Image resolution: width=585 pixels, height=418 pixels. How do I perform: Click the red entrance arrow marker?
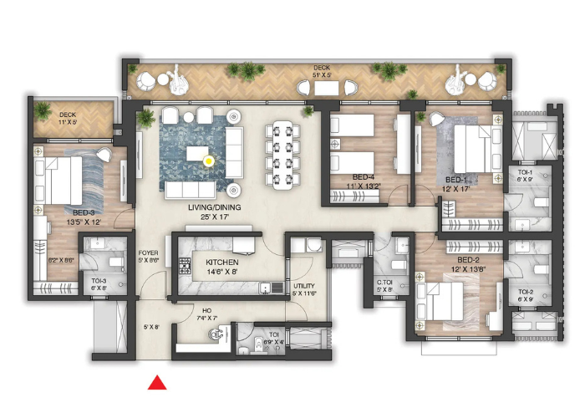pos(155,383)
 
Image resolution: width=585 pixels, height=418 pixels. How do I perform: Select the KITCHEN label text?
pos(221,262)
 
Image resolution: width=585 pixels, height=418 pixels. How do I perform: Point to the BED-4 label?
pos(362,176)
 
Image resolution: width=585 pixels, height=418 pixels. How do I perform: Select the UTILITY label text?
pos(303,286)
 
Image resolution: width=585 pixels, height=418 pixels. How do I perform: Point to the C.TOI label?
pos(384,283)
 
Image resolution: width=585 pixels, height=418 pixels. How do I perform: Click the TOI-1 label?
pos(524,172)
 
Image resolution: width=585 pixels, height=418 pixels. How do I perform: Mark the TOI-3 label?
pos(99,281)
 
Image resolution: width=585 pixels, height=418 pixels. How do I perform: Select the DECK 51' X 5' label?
pos(323,69)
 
